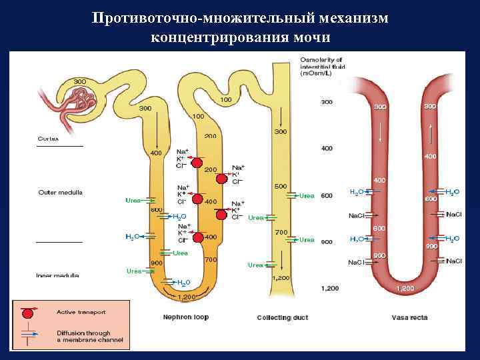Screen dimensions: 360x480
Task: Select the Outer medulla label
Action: tap(60, 193)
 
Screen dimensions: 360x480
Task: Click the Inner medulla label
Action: tap(59, 275)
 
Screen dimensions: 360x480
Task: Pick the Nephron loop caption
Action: tap(186, 317)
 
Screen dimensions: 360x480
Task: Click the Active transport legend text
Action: tap(81, 311)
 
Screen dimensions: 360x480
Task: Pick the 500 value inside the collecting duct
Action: tap(281, 186)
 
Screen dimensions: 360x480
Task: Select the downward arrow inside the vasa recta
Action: tap(381, 133)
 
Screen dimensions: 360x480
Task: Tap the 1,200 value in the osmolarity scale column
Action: tap(330, 289)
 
